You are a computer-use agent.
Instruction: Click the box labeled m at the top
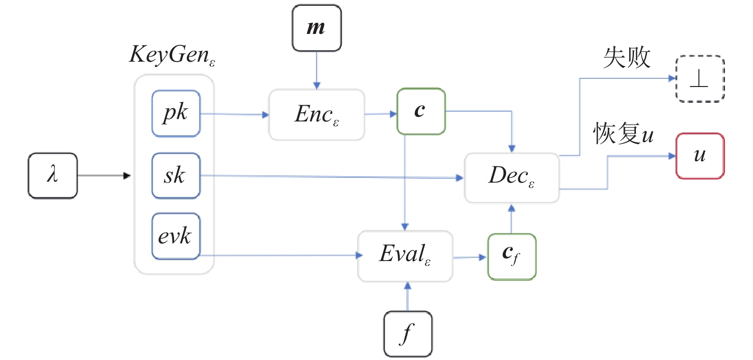click(x=316, y=28)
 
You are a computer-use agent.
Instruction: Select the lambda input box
click(x=53, y=175)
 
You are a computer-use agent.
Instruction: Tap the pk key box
click(x=176, y=113)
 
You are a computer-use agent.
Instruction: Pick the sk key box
click(x=176, y=175)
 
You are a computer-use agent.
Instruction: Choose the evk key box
click(x=176, y=236)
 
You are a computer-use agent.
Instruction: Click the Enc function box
click(x=316, y=115)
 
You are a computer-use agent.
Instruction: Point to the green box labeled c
click(x=421, y=111)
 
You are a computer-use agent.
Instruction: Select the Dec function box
click(x=512, y=178)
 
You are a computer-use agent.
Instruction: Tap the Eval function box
click(x=405, y=256)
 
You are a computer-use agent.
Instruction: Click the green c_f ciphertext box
click(x=512, y=257)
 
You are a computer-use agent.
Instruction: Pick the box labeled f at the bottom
click(x=408, y=334)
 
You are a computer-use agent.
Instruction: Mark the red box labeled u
click(x=700, y=156)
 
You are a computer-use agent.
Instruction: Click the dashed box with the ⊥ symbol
click(x=700, y=79)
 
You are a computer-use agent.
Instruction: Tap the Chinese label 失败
click(x=627, y=58)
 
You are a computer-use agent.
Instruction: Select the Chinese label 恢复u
click(x=623, y=133)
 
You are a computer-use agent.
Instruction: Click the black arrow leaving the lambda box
click(x=103, y=175)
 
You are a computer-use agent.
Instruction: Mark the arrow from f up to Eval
click(x=407, y=296)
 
